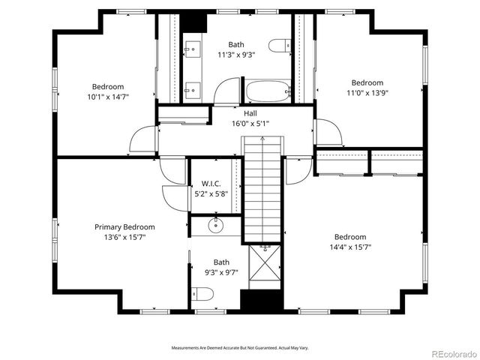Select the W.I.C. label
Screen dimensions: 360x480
click(x=210, y=184)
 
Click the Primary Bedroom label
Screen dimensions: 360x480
click(x=124, y=227)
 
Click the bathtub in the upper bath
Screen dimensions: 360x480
click(x=268, y=93)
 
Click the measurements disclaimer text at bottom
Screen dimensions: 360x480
click(x=240, y=348)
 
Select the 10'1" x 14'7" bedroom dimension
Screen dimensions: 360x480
click(x=108, y=97)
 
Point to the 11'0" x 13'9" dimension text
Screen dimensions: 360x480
click(x=367, y=93)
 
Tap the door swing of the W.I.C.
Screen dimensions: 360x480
click(x=174, y=196)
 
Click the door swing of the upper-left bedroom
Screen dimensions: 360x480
click(x=142, y=141)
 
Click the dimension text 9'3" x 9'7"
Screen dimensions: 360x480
click(x=221, y=272)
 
